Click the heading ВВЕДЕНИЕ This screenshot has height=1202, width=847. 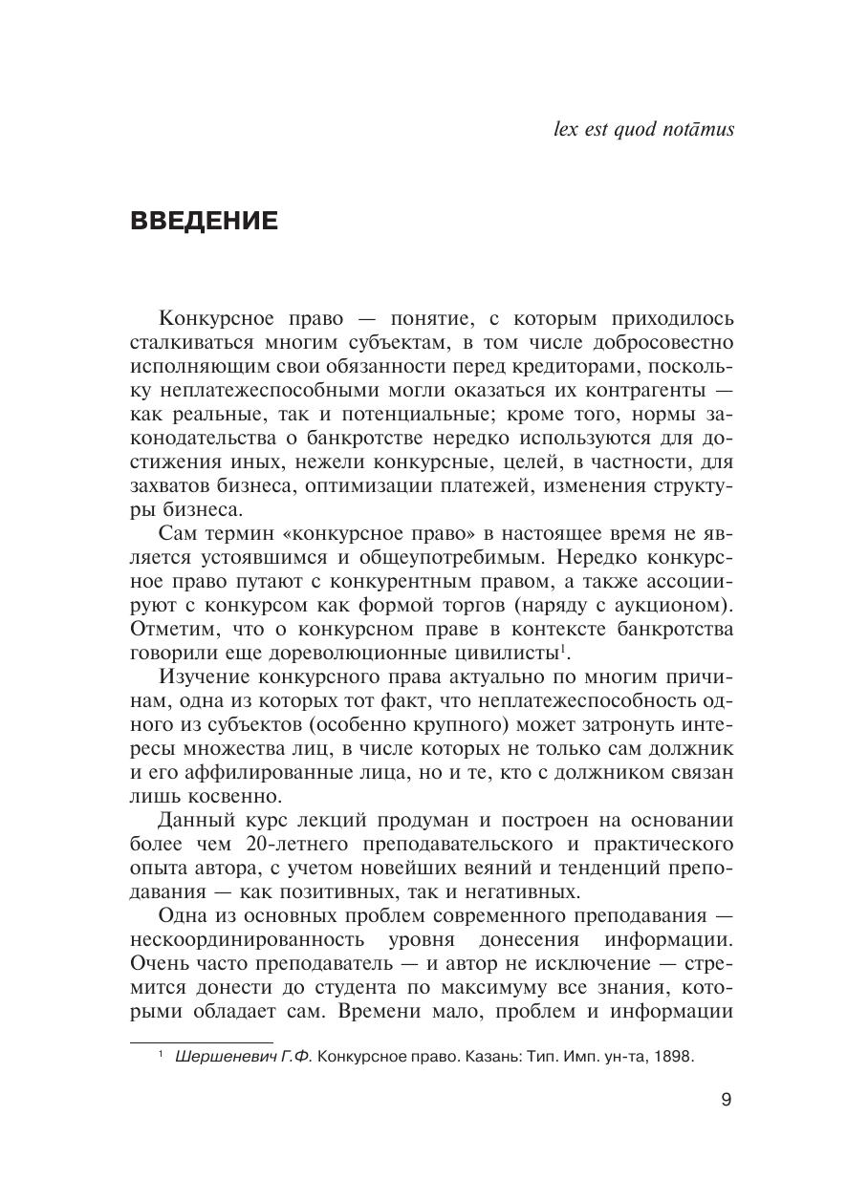tap(204, 222)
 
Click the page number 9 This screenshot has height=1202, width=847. tap(726, 1100)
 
